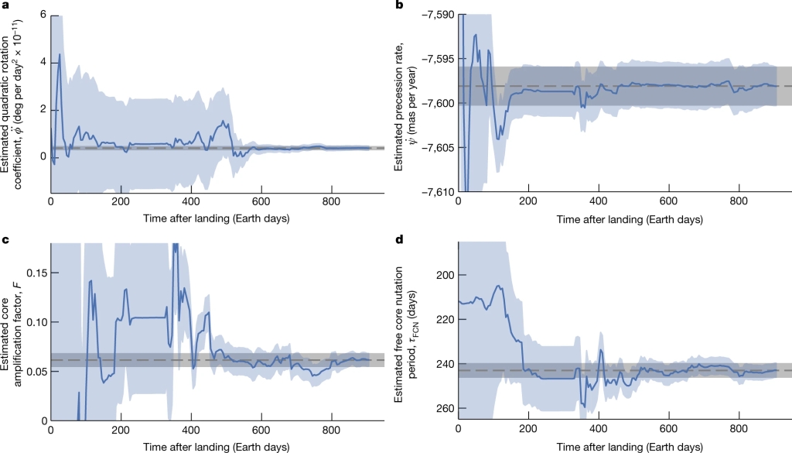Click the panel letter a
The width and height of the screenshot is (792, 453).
click(x=5, y=5)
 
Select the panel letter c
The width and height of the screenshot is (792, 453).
click(x=5, y=239)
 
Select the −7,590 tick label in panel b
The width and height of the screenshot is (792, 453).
click(x=435, y=15)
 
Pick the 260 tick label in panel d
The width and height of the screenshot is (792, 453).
click(x=444, y=408)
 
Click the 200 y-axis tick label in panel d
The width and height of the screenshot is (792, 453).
click(x=444, y=275)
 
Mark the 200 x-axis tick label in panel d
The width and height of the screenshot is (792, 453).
click(x=528, y=431)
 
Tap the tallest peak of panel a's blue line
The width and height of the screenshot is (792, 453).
click(x=60, y=54)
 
